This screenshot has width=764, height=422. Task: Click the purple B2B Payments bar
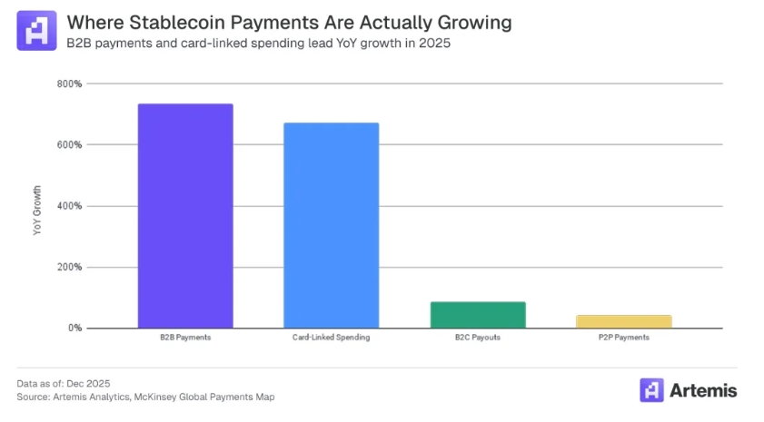tap(185, 216)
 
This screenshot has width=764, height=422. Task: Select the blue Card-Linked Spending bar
tap(332, 225)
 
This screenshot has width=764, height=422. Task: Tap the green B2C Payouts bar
tap(478, 315)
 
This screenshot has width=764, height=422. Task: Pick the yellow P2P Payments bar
tap(624, 321)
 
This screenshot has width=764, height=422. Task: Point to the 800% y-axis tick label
tap(70, 83)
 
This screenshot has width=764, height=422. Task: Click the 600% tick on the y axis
tap(70, 144)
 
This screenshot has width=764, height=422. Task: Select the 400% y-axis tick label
tap(70, 206)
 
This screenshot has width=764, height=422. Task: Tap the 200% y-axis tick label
tap(70, 267)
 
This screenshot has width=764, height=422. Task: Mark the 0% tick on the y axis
tap(74, 328)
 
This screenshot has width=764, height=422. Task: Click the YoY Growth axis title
tap(37, 211)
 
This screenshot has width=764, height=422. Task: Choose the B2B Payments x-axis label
tap(185, 338)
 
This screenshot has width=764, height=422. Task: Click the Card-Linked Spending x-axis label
tap(332, 338)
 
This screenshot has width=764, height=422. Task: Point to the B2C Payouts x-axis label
tap(478, 338)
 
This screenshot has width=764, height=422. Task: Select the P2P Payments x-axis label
tap(624, 338)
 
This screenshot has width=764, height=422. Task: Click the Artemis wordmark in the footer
tap(703, 390)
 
